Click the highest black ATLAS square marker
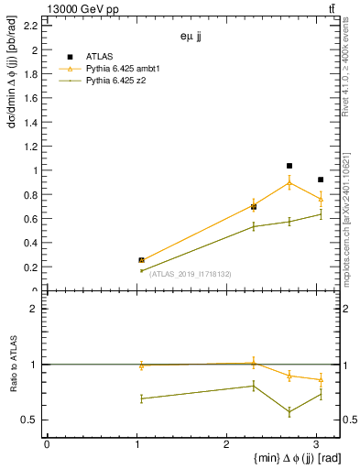pos(289,166)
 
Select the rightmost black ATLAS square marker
pos(320,180)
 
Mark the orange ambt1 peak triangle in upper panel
pos(289,183)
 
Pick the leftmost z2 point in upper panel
pos(141,270)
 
